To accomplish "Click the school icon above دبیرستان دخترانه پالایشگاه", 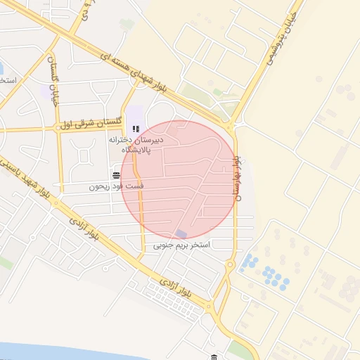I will (x=136, y=129).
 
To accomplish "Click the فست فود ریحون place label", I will (x=116, y=188).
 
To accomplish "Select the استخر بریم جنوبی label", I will (x=182, y=246).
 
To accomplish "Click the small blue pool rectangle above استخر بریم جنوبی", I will (x=181, y=233).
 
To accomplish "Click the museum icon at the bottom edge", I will (x=213, y=357).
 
